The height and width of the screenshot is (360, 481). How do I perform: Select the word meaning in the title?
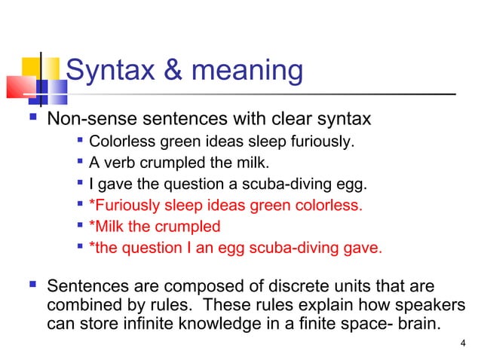[x=248, y=72]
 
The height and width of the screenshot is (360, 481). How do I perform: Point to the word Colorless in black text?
[x=119, y=141]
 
